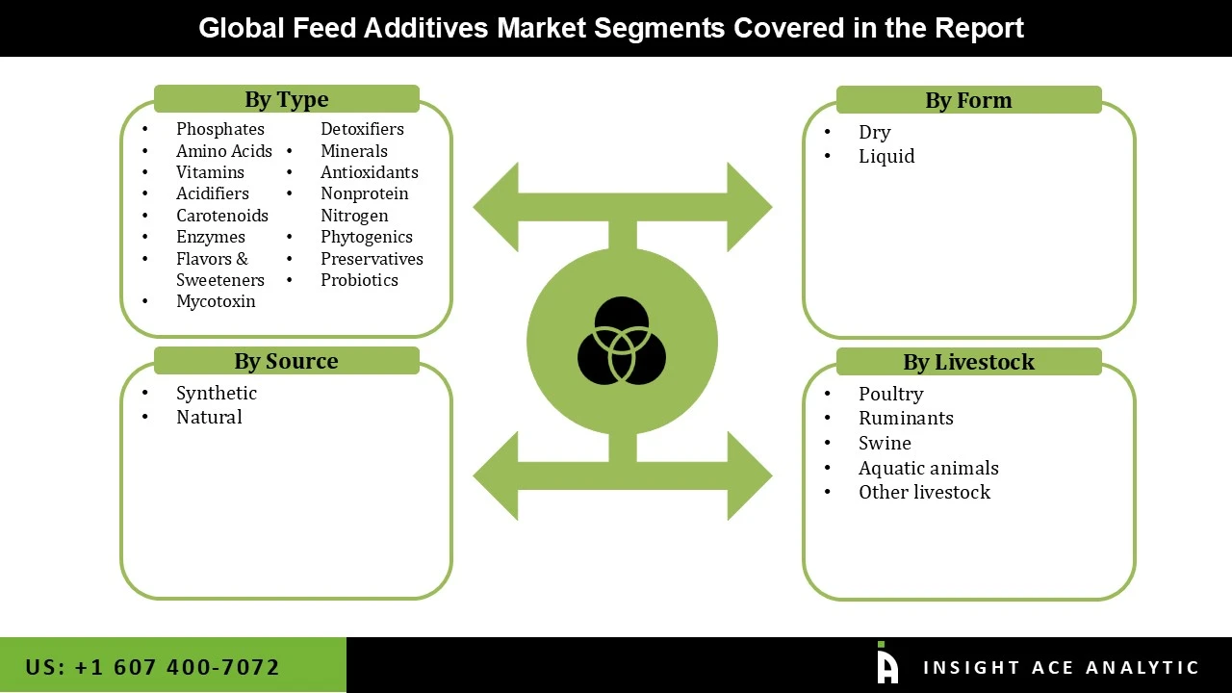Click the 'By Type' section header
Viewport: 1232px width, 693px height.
(x=286, y=99)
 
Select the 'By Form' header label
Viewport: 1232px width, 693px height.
(x=968, y=100)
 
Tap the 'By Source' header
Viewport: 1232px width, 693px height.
(x=286, y=361)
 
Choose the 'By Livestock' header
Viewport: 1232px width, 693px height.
(x=968, y=362)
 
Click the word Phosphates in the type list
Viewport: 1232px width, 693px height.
(x=219, y=129)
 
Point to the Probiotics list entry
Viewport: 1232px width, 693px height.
(x=359, y=280)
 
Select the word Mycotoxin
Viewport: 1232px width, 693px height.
(x=216, y=301)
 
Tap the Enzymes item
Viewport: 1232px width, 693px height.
(x=210, y=237)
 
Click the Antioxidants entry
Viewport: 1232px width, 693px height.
(x=369, y=172)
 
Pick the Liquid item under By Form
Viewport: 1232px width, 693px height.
(x=886, y=156)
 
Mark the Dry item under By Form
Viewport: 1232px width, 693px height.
(x=874, y=132)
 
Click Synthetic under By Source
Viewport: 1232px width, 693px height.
(x=216, y=393)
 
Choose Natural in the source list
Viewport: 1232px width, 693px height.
(x=209, y=417)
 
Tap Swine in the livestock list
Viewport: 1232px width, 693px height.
(x=885, y=443)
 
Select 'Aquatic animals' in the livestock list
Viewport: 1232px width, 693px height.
(x=928, y=468)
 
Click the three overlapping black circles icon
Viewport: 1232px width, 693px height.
(x=622, y=341)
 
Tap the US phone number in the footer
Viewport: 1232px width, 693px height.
(x=152, y=667)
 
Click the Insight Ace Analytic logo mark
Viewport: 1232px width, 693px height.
(x=886, y=664)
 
